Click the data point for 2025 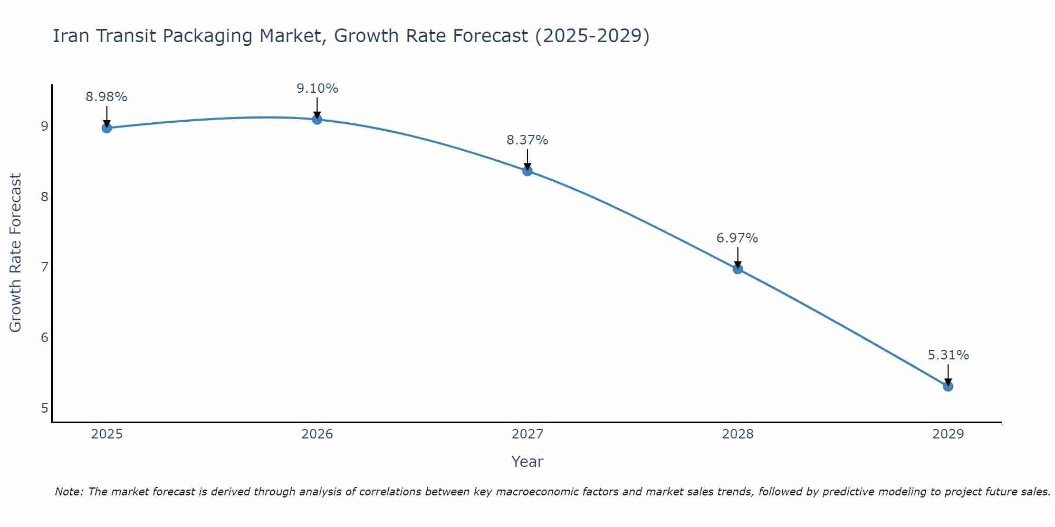click(107, 128)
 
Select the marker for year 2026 click(317, 120)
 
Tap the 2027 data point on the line click(527, 171)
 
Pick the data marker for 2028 click(737, 269)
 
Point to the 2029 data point click(948, 386)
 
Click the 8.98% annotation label click(107, 97)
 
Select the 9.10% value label click(317, 89)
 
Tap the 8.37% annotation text click(527, 140)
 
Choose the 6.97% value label click(737, 238)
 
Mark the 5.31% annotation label click(948, 355)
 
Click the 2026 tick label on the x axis click(317, 434)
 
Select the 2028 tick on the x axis click(737, 434)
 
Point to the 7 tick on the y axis click(44, 267)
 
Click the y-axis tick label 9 click(44, 126)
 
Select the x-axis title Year click(527, 462)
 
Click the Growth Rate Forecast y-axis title click(16, 253)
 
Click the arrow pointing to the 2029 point click(948, 374)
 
